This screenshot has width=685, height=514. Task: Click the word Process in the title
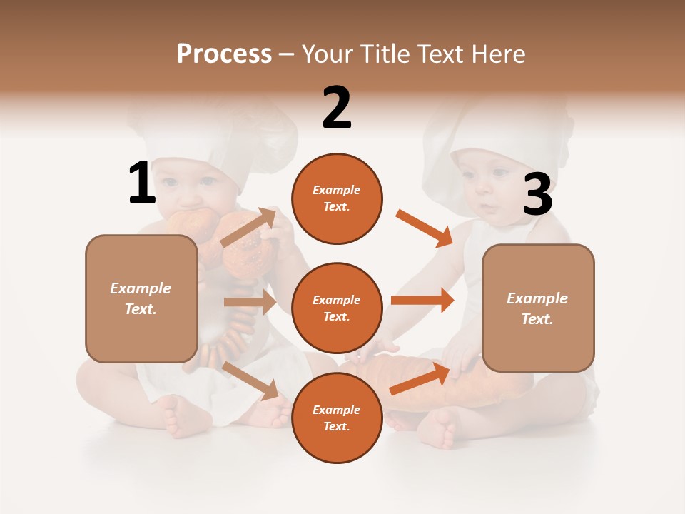pos(224,54)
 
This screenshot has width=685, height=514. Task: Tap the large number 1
pos(141,183)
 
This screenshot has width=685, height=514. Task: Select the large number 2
pos(337,108)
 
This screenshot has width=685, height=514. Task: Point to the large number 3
pos(537,195)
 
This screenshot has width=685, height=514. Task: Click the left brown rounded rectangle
pos(141,298)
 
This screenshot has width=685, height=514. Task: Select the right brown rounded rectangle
pos(538,308)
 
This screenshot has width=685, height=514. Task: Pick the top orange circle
pos(337,198)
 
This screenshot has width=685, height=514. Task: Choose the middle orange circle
pos(337,308)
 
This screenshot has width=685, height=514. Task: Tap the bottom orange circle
pos(337,418)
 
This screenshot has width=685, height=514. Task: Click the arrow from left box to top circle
pos(249,228)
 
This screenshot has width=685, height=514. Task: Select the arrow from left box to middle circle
pos(250,302)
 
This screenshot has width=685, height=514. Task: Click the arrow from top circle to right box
pos(425,228)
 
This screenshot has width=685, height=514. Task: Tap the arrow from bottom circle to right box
pos(420,378)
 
